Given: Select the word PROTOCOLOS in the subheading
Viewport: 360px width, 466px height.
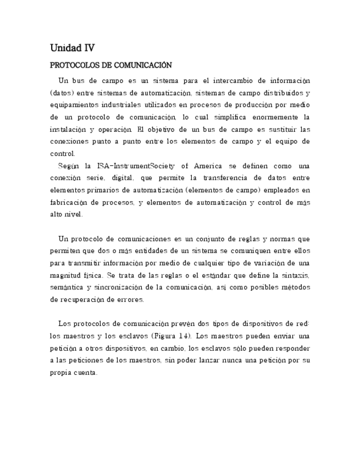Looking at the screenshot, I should click(x=74, y=65).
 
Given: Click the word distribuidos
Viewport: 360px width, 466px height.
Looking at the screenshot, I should click(x=279, y=93).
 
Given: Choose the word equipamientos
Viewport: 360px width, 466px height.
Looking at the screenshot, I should click(x=75, y=105).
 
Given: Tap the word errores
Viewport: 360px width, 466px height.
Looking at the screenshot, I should click(x=130, y=300).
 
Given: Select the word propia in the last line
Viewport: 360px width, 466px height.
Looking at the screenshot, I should click(x=62, y=373).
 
